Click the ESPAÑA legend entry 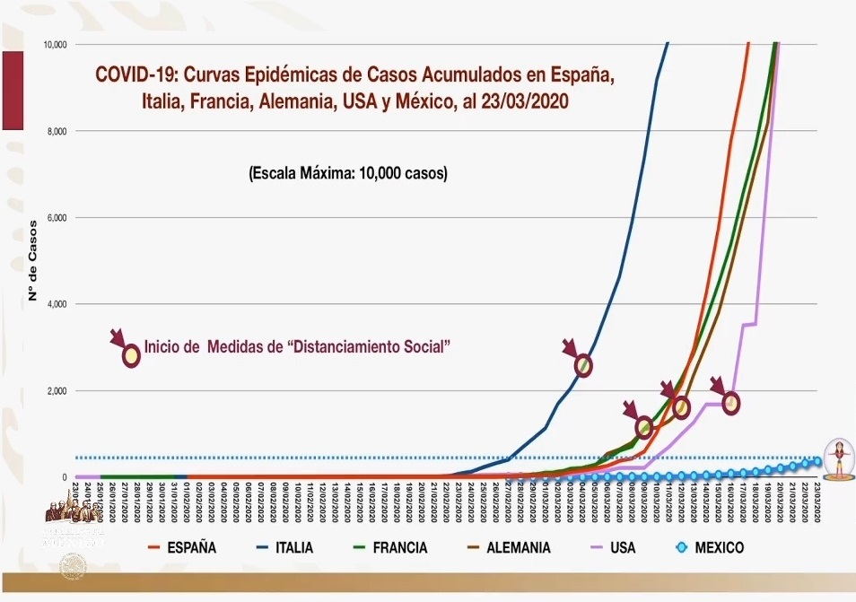pyautogui.click(x=191, y=547)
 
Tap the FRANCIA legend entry pyautogui.click(x=399, y=547)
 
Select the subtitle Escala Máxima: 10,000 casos pyautogui.click(x=347, y=173)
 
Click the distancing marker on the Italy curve pyautogui.click(x=584, y=365)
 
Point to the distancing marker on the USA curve pyautogui.click(x=731, y=403)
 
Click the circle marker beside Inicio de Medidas pyautogui.click(x=131, y=354)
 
